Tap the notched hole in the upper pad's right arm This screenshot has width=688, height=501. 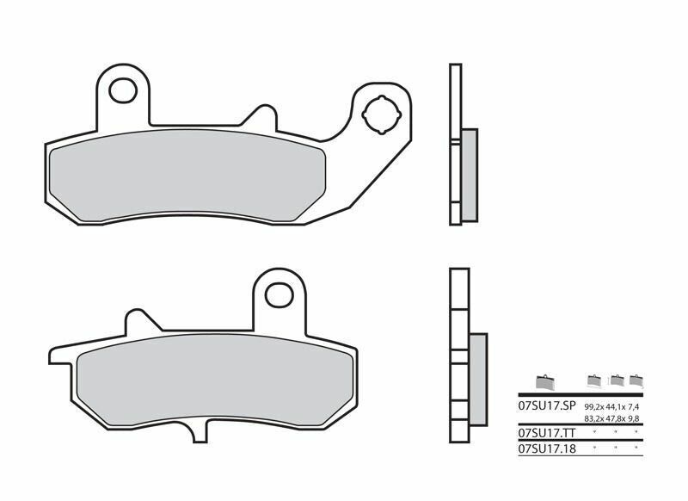(380, 115)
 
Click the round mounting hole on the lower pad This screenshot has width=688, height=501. (278, 294)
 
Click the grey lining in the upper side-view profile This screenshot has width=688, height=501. (469, 173)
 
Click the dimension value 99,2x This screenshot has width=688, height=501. (594, 405)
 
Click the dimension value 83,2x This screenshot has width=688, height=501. (594, 417)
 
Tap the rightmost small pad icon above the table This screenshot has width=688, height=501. (636, 380)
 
